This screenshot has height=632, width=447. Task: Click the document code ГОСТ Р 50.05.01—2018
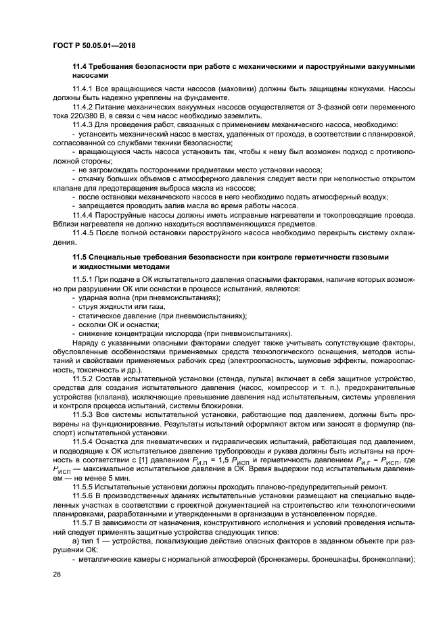100,45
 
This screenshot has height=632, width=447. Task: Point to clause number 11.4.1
83,89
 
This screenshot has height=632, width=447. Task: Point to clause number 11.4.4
83,214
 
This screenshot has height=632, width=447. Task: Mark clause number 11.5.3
83,414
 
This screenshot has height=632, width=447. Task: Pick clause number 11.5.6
83,496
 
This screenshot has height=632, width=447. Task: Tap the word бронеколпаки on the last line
389,559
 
